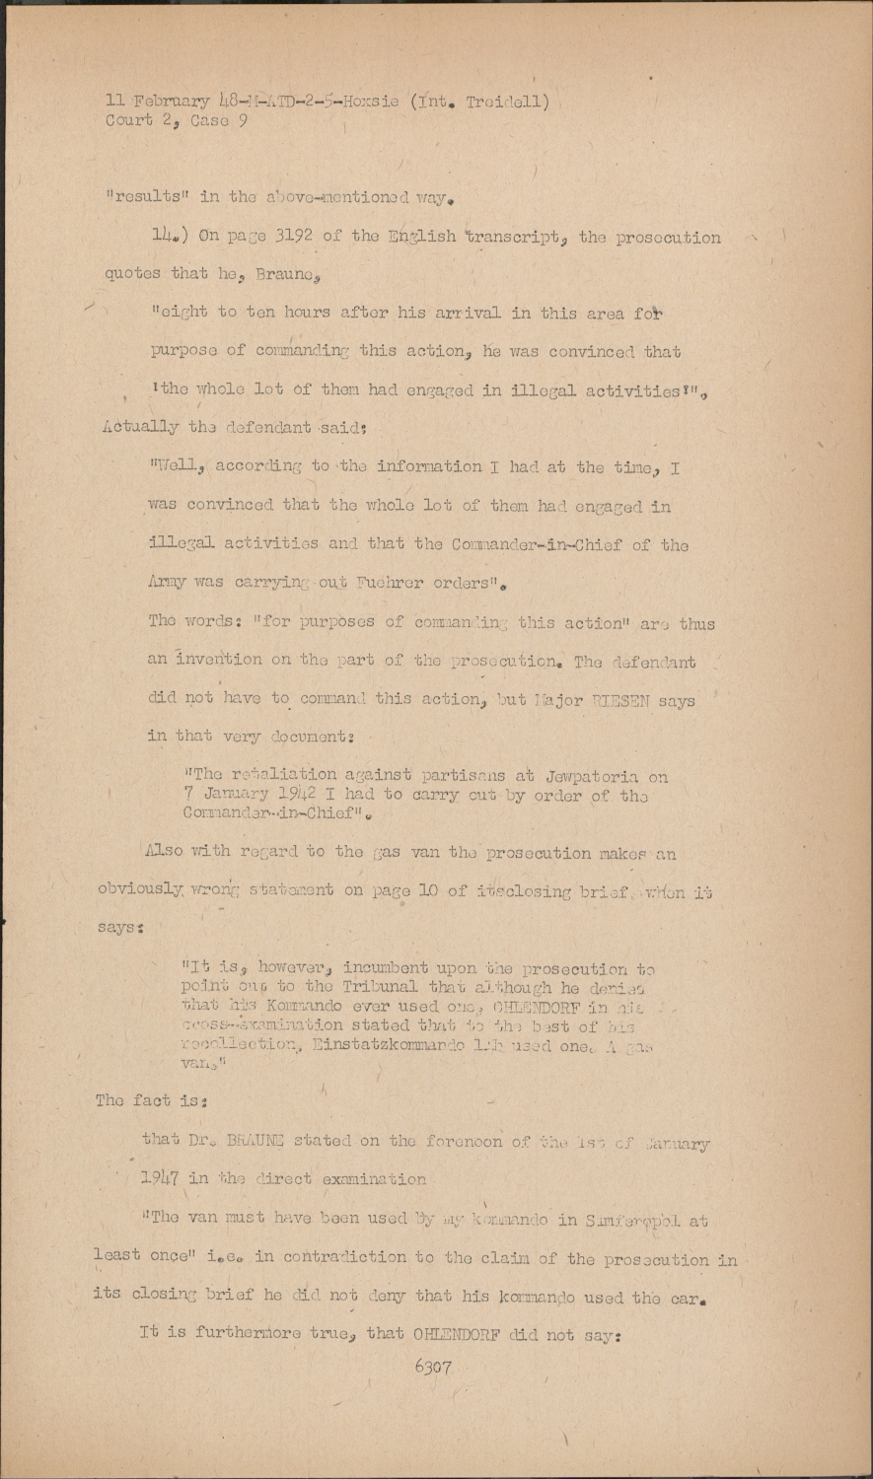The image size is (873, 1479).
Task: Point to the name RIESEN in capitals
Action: tap(616, 701)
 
